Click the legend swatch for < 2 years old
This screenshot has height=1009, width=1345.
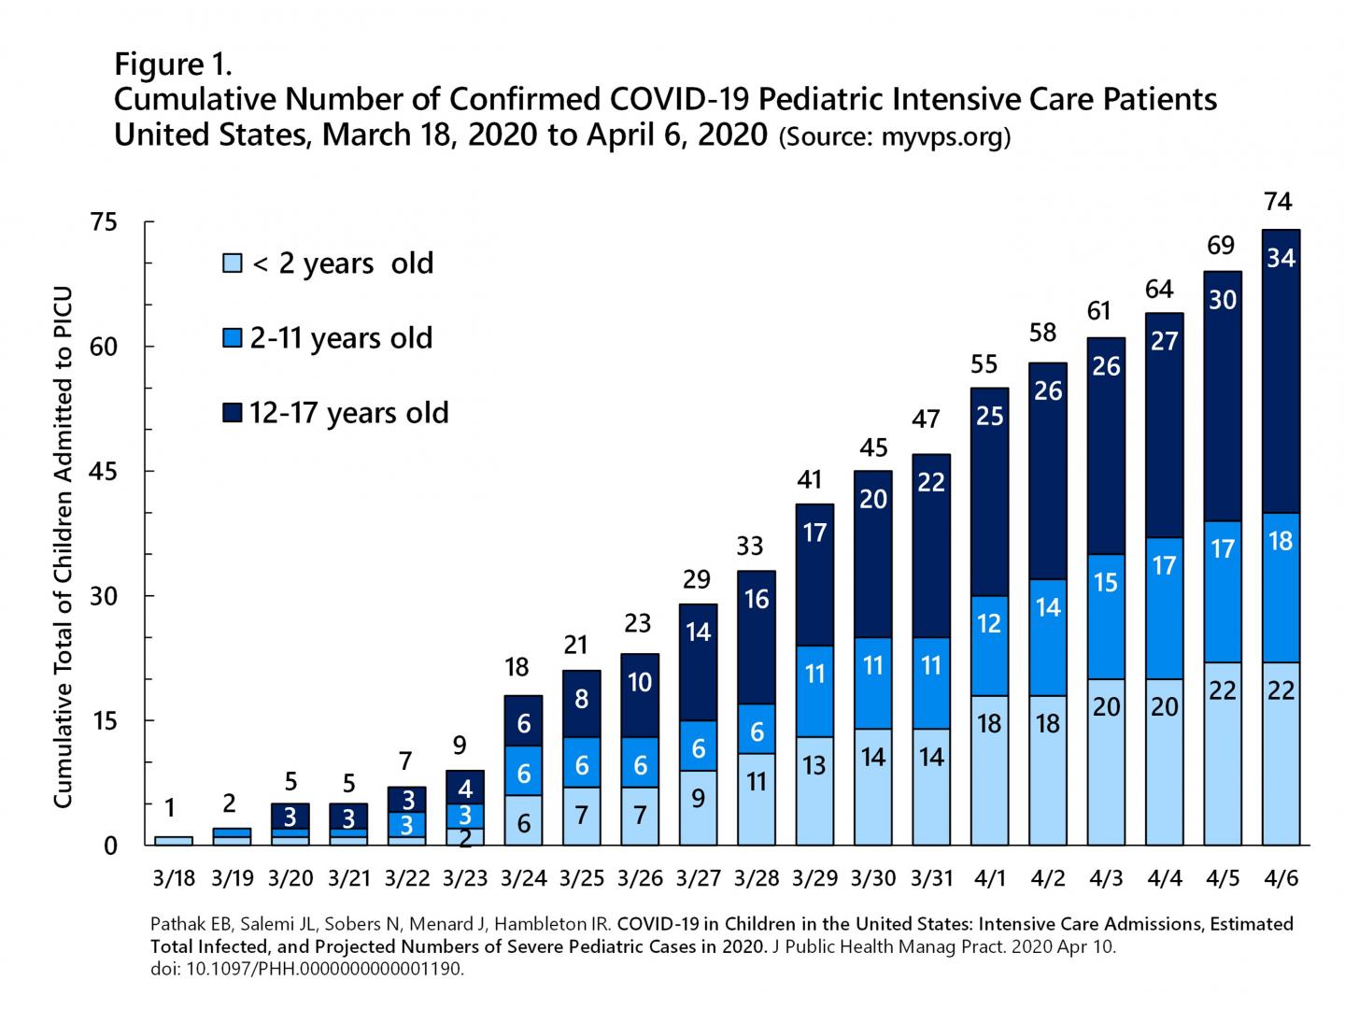(x=232, y=263)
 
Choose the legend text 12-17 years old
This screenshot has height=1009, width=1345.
(x=348, y=413)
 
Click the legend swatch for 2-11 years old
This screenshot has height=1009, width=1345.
(x=232, y=338)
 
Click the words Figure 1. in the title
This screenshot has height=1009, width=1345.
(x=173, y=64)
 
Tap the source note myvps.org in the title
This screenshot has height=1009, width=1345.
(x=895, y=136)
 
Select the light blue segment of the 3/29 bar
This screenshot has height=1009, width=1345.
(x=814, y=790)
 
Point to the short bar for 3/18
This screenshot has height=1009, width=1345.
(x=174, y=841)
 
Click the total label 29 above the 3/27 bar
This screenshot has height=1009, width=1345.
(x=697, y=580)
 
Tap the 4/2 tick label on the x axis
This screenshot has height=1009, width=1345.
(x=1048, y=879)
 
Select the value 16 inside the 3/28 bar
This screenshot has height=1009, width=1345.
(x=757, y=599)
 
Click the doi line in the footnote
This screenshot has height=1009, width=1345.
(x=306, y=969)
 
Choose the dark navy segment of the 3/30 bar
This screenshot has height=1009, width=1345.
(x=873, y=555)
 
